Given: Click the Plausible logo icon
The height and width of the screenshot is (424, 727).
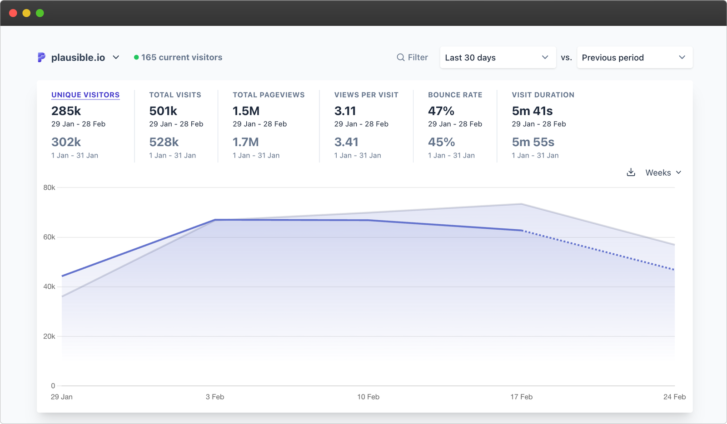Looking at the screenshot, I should pos(41,57).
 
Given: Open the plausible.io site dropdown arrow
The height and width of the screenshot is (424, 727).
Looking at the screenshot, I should pos(116,57).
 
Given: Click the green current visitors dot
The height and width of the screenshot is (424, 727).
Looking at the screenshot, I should pos(136,57).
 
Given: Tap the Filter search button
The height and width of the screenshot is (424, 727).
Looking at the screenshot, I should pos(412,57).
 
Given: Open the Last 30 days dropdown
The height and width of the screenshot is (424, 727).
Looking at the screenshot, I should pos(498,58).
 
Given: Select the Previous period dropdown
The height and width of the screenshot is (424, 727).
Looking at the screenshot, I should pos(634,58).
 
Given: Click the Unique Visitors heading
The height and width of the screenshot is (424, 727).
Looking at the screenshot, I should pos(85,95).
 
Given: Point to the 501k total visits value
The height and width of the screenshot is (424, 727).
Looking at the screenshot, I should pos(163,111).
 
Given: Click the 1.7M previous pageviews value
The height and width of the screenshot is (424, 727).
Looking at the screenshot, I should pos(246,142).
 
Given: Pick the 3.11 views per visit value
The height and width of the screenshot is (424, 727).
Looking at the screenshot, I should pos(345,111).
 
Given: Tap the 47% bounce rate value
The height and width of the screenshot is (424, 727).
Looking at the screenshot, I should pos(441,111).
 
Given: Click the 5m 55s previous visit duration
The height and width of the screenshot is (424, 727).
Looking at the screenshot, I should pos(533,142).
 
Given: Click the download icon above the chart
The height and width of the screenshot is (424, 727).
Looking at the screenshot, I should pos(631,173).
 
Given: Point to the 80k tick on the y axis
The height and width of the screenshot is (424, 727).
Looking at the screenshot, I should pos(49,187).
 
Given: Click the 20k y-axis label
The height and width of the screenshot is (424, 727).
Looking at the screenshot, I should pos(49,336).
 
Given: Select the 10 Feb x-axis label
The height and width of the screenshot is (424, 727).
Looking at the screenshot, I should pos(368,397).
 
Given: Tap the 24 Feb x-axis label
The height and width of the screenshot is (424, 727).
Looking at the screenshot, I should pos(674,397).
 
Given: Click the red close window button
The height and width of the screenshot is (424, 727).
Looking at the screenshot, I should pos(13,13).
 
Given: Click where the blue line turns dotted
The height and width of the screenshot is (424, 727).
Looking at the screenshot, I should pos(523,231).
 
